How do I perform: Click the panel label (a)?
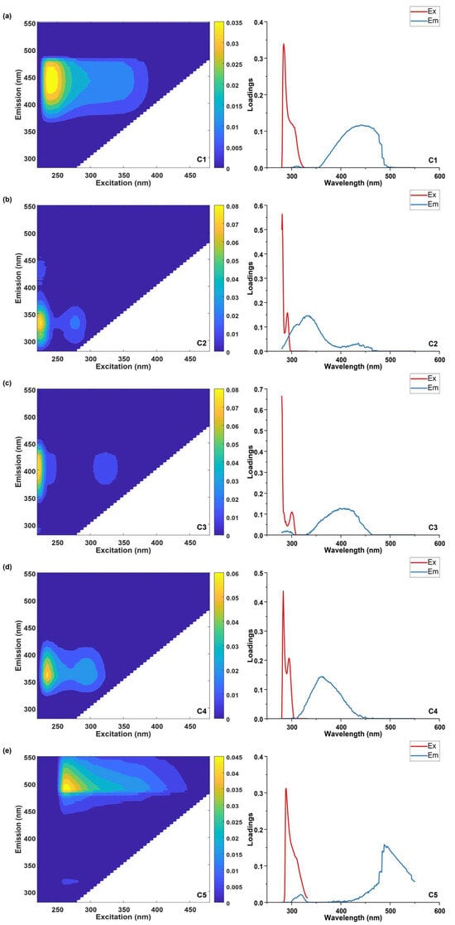pos(7,16)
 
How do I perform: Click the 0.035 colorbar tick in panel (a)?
pos(234,23)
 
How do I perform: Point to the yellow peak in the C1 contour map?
pos(51,79)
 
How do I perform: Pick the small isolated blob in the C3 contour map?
pos(105,469)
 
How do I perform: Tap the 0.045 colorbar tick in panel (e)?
pos(234,757)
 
